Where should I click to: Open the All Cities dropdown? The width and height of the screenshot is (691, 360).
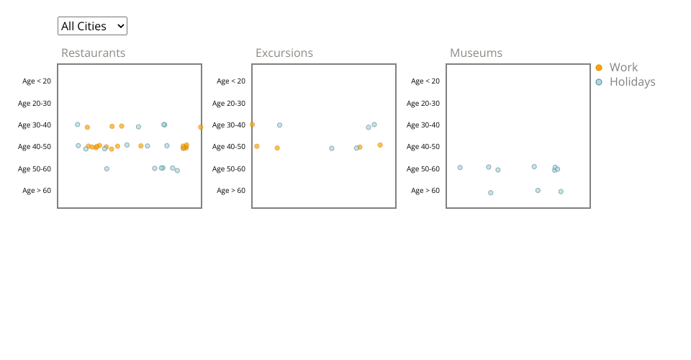pos(92,26)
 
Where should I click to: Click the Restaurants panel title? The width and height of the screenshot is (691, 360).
pos(93,53)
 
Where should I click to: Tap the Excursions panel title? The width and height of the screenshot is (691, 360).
pos(284,53)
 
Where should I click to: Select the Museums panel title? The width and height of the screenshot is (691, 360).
pos(476,53)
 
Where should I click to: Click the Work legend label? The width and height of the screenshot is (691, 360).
pos(623,68)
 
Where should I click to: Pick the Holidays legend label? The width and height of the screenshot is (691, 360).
pos(632,82)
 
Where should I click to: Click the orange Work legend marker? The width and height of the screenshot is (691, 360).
pos(599,68)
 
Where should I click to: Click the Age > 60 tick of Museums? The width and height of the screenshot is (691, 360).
pos(425,191)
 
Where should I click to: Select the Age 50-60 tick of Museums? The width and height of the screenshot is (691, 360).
pos(423,169)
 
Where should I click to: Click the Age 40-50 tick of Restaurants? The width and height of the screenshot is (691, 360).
pos(35,147)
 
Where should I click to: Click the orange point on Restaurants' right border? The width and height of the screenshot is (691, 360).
pos(201,127)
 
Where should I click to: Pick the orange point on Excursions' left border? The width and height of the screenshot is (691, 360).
pos(252,125)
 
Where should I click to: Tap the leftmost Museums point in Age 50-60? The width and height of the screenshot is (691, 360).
pos(460,168)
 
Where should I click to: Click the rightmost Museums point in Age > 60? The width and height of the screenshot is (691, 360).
pos(561,192)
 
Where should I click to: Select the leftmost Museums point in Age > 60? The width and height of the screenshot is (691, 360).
pos(491,193)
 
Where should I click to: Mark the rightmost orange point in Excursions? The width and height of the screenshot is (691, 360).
pos(380,145)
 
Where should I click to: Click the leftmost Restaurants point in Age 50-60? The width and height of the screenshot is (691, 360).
pos(107,169)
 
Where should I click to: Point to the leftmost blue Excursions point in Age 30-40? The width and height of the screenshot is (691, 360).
pos(280,125)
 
